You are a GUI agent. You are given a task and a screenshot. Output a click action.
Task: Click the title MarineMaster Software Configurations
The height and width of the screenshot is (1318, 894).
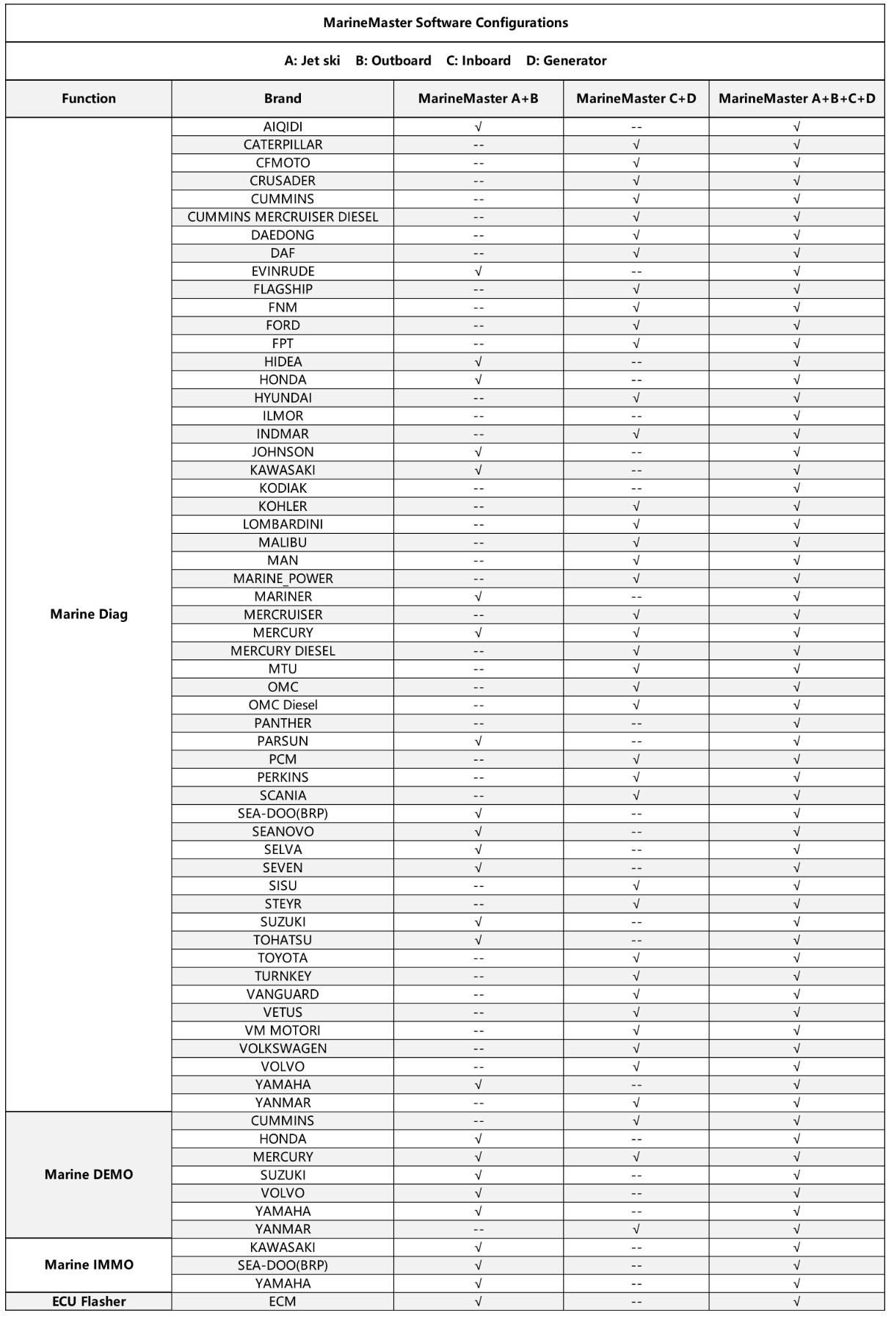click(x=446, y=23)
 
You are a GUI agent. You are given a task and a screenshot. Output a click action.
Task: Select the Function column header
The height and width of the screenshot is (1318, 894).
click(x=89, y=98)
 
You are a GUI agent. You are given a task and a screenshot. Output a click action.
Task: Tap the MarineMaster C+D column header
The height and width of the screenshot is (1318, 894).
click(x=636, y=98)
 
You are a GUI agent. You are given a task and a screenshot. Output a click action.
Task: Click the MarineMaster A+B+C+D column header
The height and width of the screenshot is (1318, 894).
click(x=796, y=98)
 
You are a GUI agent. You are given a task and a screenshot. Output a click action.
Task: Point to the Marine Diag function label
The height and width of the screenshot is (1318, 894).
click(x=89, y=614)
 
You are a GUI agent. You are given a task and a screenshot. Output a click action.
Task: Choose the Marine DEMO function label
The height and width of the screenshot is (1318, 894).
click(x=89, y=1174)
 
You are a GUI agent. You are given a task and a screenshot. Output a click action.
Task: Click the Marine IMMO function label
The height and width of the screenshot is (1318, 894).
click(x=89, y=1264)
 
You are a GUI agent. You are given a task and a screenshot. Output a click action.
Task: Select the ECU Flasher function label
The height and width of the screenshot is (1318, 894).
click(x=89, y=1301)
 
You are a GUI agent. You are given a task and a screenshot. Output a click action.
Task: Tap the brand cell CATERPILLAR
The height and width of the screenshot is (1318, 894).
click(x=283, y=145)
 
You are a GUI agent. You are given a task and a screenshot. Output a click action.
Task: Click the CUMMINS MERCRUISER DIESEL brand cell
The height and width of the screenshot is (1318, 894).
click(x=283, y=217)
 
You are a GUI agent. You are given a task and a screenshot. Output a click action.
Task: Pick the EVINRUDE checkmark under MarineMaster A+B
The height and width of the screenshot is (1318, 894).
click(x=479, y=271)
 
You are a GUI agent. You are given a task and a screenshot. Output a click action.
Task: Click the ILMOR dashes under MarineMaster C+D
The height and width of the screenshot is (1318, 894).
click(x=636, y=416)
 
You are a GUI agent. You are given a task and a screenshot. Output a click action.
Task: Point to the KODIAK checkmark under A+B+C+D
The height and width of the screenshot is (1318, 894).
click(x=796, y=488)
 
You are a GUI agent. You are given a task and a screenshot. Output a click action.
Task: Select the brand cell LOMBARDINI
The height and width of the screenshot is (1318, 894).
click(x=283, y=524)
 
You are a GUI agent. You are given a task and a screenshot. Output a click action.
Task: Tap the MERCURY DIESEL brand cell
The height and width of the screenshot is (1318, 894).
click(x=283, y=651)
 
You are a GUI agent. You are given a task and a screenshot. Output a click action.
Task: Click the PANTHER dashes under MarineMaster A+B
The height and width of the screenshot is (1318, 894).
click(x=479, y=723)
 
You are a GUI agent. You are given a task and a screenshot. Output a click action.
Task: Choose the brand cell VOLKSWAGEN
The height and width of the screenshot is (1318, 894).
click(x=283, y=1049)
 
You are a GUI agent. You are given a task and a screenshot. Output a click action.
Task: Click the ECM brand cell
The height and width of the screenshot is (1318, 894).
click(x=283, y=1301)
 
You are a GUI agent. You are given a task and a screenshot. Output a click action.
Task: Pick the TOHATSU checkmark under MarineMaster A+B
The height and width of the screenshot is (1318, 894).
click(x=479, y=940)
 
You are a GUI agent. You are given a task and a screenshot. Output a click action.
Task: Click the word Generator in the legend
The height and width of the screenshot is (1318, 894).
click(x=575, y=61)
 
